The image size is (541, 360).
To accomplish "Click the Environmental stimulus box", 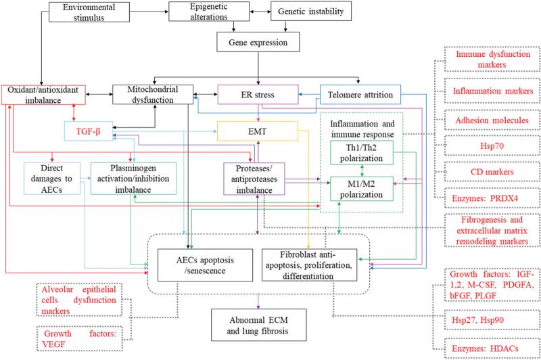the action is pyautogui.click(x=89, y=12).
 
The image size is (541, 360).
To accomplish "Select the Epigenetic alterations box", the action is pyautogui.click(x=209, y=12).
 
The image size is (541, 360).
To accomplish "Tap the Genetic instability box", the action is pyautogui.click(x=311, y=12).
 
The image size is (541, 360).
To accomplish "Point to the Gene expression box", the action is pyautogui.click(x=258, y=42).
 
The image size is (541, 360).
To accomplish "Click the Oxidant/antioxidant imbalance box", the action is pyautogui.click(x=43, y=95).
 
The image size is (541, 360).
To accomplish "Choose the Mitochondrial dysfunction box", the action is pyautogui.click(x=153, y=95).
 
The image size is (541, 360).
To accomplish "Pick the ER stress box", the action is pyautogui.click(x=258, y=95).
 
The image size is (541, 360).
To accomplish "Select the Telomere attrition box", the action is pyautogui.click(x=360, y=95).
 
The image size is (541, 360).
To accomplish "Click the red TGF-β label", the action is pyautogui.click(x=89, y=131).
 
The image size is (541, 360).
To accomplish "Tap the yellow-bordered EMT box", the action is pyautogui.click(x=258, y=131).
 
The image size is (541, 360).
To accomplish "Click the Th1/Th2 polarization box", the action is pyautogui.click(x=362, y=153).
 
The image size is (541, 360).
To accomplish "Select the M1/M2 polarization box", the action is pyautogui.click(x=362, y=189).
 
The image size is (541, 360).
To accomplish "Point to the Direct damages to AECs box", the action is pyautogui.click(x=52, y=179).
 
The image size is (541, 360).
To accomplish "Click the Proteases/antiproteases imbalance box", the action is pyautogui.click(x=254, y=179).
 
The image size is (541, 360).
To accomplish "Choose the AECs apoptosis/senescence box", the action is pyautogui.click(x=205, y=265).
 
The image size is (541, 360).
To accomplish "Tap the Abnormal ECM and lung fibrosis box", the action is pyautogui.click(x=258, y=325).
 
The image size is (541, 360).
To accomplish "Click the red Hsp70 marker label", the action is pyautogui.click(x=492, y=145).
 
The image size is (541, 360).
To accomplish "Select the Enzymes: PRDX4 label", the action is pyautogui.click(x=485, y=198).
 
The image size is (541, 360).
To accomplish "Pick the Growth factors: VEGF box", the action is pyautogui.click(x=80, y=338).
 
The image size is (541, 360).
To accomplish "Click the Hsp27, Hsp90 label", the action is pyautogui.click(x=478, y=320).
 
